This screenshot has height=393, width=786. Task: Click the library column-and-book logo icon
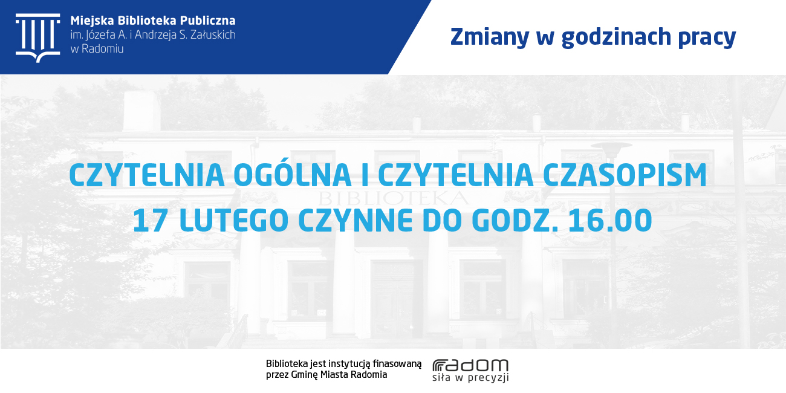38,38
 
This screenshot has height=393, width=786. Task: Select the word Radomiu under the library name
102,49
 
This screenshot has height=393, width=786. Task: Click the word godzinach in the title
616,37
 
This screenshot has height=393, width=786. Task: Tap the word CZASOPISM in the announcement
625,175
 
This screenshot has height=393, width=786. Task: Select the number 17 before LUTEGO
150,220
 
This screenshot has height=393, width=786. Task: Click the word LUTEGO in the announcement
234,220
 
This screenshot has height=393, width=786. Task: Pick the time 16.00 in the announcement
610,220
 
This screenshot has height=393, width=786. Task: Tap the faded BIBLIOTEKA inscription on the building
393,198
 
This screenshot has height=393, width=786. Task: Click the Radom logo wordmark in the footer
470,365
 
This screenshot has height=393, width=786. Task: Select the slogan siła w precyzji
470,378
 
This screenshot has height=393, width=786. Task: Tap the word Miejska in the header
93,21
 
